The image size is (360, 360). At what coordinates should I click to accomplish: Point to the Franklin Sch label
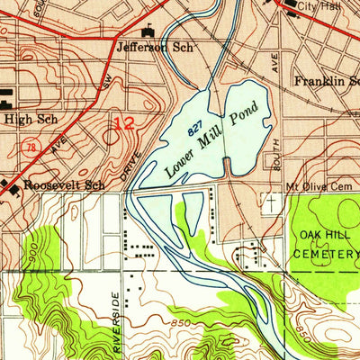[x=327, y=80]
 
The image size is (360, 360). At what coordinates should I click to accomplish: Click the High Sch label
[x=24, y=118]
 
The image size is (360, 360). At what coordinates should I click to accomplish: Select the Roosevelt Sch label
[x=65, y=185]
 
